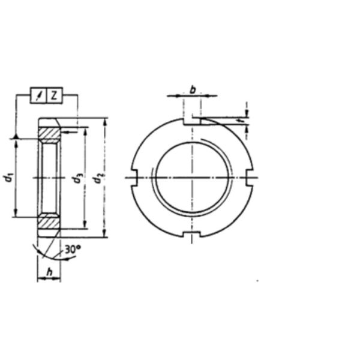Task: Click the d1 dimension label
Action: point(8,177)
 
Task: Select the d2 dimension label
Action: point(100,178)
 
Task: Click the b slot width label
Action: point(193,89)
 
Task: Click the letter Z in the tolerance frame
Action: point(54,95)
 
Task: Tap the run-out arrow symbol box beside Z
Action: point(39,95)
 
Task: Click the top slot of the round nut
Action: point(192,121)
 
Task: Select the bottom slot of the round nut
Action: point(192,233)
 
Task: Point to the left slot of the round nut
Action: point(134,177)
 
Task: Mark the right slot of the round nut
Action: point(250,177)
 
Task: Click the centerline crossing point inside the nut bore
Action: point(192,177)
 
